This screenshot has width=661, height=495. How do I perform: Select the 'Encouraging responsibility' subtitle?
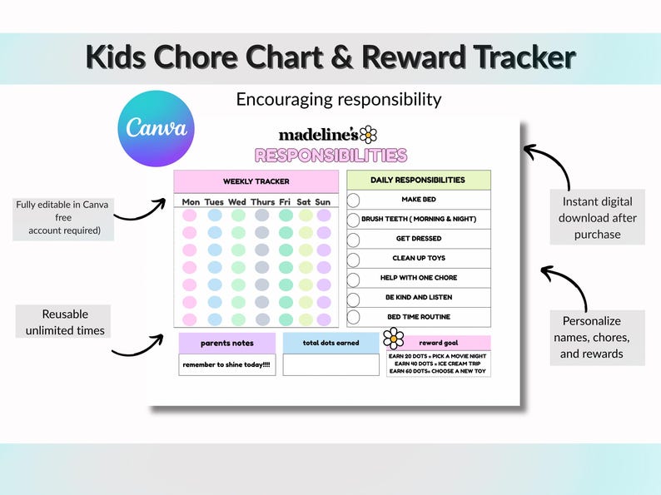338,99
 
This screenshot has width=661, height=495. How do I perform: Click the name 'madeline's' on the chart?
318,134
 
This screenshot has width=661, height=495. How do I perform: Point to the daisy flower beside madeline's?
368,134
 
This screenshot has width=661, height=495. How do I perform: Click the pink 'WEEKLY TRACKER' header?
256,181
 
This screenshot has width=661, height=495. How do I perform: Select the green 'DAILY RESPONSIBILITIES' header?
418,180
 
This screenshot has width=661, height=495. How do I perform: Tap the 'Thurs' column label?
262,201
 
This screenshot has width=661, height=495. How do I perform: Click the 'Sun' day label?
323,201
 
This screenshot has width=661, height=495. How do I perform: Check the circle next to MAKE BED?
353,200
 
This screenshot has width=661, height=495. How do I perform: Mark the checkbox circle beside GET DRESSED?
353,240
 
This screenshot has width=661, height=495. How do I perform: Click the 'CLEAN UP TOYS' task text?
419,258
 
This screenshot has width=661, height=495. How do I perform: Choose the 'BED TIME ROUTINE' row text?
419,317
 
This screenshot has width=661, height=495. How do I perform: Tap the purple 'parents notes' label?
226,343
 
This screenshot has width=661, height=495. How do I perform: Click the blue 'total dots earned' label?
330,343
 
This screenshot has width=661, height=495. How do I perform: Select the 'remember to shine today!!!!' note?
226,364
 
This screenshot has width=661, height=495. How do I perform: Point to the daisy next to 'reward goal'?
393,338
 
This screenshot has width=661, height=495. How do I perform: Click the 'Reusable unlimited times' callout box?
65,322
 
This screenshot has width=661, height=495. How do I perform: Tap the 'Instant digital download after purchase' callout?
597,217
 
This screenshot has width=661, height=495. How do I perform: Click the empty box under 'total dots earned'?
330,364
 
